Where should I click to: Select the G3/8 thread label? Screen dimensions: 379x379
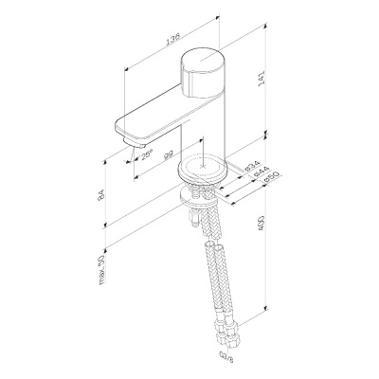coord(226,358)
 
